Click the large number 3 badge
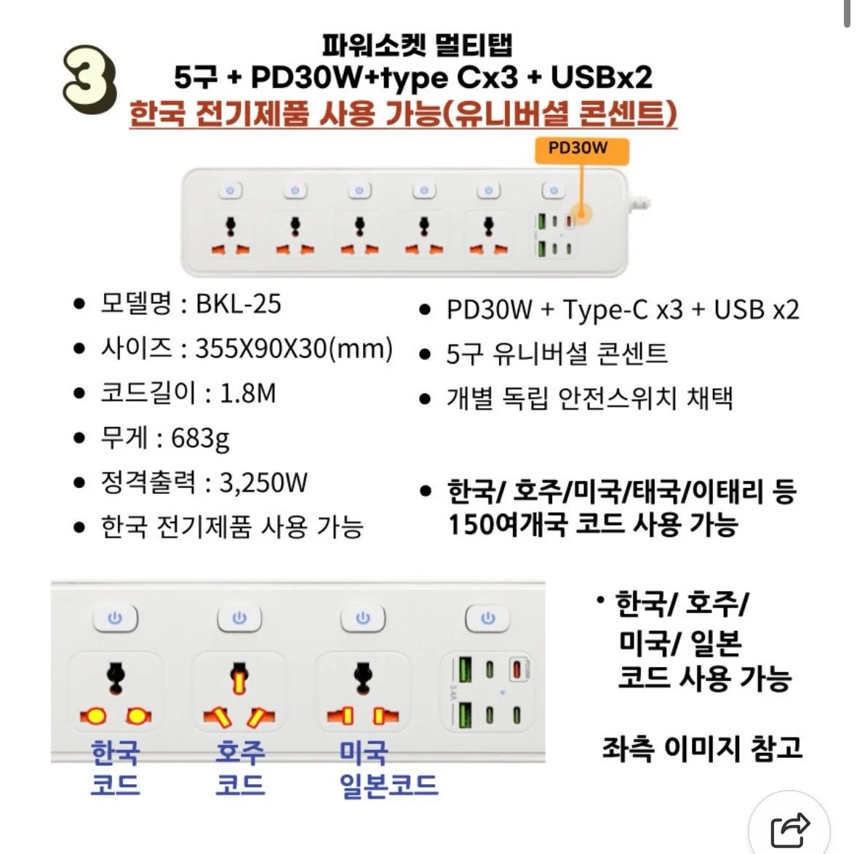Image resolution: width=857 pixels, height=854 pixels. (x=89, y=80)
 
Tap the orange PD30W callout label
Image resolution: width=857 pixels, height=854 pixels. (x=581, y=150)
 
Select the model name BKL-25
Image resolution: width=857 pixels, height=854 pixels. (x=239, y=304)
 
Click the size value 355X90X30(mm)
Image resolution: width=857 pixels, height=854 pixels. (x=294, y=348)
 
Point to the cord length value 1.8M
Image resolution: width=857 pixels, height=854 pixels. (x=247, y=393)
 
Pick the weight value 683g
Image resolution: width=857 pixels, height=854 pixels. (x=200, y=438)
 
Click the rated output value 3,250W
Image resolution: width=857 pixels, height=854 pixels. (x=263, y=482)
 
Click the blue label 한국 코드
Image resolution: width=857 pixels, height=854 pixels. (x=116, y=768)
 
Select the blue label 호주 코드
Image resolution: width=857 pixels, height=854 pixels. (x=240, y=768)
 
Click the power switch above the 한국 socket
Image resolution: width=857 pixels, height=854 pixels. (x=115, y=618)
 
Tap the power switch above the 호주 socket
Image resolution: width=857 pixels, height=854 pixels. (x=239, y=618)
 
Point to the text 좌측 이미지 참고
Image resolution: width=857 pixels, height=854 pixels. (x=702, y=748)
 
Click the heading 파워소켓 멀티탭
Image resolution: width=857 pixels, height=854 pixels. (x=417, y=45)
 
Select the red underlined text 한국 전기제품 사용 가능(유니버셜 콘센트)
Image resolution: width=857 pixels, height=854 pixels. (x=403, y=113)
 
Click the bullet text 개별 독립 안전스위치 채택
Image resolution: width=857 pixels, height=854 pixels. (x=590, y=398)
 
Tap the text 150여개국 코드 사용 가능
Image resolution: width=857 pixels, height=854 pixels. (x=593, y=524)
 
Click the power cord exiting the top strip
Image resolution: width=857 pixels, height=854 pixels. (x=639, y=202)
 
